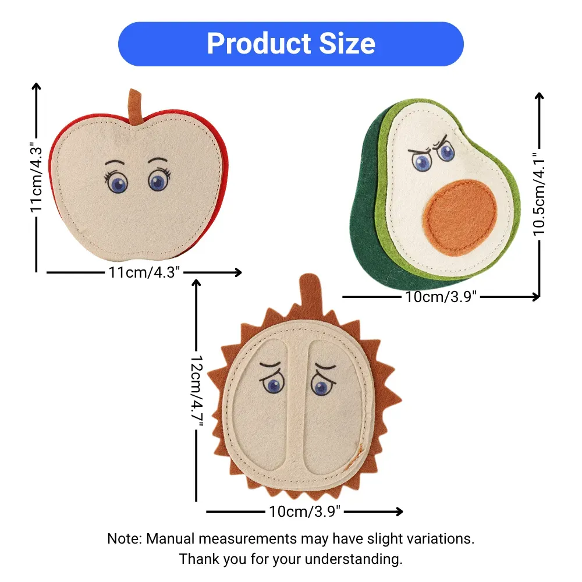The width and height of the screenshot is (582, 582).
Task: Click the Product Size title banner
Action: (290, 44)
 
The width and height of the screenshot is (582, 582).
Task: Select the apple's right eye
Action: (158, 182)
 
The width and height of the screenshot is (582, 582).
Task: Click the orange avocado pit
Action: (460, 218)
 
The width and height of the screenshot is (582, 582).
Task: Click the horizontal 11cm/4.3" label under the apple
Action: (144, 272)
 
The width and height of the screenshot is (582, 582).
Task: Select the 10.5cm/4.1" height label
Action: (540, 195)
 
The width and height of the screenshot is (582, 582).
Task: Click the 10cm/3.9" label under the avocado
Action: (441, 297)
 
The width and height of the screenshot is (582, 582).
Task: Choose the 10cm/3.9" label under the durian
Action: (304, 512)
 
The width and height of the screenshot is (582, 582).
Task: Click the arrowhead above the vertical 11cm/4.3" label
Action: (36, 86)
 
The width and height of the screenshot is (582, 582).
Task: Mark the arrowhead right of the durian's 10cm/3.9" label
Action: (399, 512)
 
